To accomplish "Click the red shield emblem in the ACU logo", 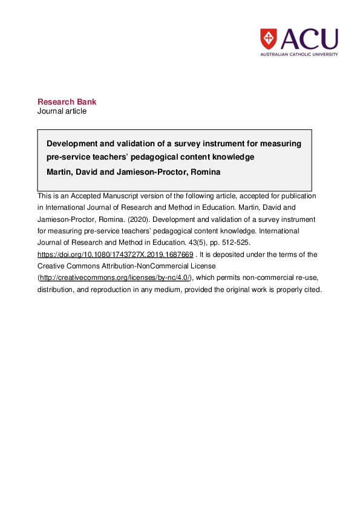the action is (268, 39).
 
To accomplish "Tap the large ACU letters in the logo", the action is (309, 39).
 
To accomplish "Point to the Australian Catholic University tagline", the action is (299, 54).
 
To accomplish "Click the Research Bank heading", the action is (67, 102).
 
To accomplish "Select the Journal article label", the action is (62, 111).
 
